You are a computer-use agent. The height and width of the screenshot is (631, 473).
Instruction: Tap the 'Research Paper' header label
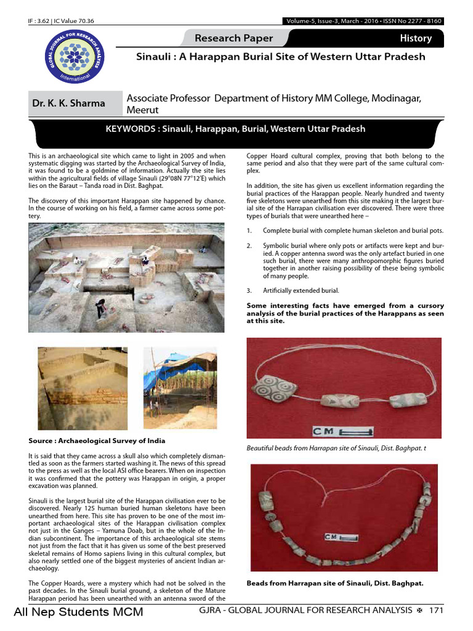pos(233,38)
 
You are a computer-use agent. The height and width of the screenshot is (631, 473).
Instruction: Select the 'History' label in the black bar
pos(416,38)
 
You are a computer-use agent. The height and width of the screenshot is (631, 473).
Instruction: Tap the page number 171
pos(436,610)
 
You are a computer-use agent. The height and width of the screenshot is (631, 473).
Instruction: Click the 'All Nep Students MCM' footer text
pos(78,612)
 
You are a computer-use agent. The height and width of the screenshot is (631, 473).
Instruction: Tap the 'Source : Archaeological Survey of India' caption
pos(97,441)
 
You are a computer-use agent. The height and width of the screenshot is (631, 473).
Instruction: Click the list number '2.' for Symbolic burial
pos(249,246)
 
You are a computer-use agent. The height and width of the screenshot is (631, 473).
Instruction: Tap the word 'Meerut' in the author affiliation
pos(144,110)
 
